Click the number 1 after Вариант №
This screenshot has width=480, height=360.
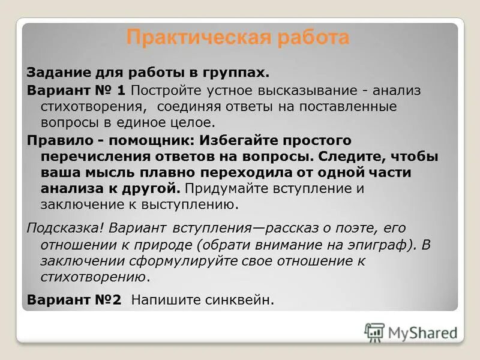tap(121, 90)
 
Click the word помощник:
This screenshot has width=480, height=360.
tap(140, 140)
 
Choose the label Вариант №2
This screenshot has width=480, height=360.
tap(74, 299)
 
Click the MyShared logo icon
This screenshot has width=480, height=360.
tap(374, 332)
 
